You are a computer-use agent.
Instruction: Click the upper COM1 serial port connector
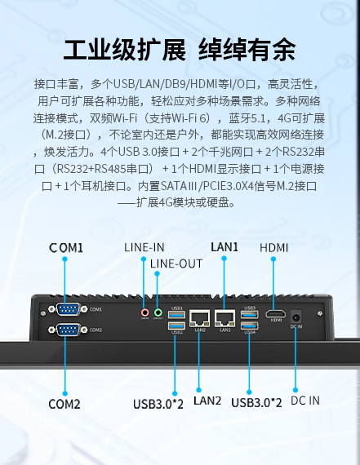68,309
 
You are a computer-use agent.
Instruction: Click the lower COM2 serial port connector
68,330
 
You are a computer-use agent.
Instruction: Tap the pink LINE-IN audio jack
144,312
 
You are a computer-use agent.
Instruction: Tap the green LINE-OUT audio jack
158,312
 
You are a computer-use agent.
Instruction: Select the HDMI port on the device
275,314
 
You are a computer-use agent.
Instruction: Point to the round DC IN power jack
296,317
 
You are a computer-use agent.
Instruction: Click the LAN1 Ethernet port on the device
225,318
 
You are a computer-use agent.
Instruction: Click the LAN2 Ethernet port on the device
199,318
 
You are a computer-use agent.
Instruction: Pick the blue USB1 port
176,314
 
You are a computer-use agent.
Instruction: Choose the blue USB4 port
249,325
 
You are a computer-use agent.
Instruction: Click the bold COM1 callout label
66,248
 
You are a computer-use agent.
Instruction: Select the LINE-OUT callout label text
176,263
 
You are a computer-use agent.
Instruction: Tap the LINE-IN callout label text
144,247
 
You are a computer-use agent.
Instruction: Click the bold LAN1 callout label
224,246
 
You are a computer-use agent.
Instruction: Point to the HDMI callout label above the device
274,248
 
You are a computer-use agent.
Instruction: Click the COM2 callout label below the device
64,404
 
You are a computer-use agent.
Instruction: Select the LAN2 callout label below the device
207,401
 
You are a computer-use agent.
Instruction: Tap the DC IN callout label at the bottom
305,401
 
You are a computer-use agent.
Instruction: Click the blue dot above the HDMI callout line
273,259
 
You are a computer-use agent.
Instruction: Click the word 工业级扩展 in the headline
125,50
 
